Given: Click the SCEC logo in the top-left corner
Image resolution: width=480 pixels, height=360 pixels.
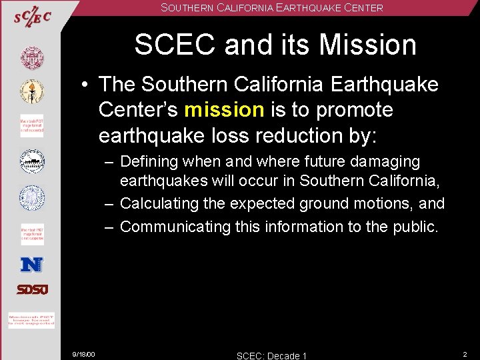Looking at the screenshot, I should click(32, 18).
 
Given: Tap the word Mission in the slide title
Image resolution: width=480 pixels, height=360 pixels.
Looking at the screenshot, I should click(367, 45).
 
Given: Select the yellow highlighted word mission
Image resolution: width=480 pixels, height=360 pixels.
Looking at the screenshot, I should click(223, 110).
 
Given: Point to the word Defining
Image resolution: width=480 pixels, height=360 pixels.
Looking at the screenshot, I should click(151, 162).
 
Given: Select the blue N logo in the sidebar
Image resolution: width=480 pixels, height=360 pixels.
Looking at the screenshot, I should click(31, 265).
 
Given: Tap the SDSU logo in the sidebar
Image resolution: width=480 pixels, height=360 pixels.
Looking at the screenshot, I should click(32, 289).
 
